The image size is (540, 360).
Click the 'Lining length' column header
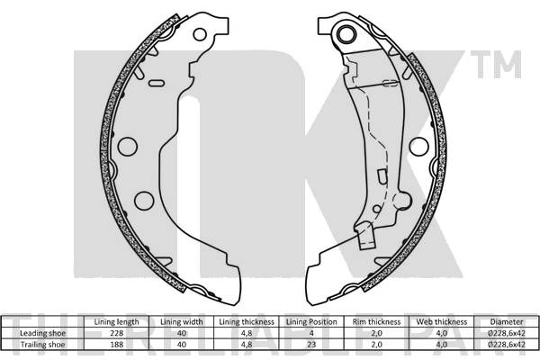point(115,321)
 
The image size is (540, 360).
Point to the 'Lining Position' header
point(310,321)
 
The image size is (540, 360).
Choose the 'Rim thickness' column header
point(375,321)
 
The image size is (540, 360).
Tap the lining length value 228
point(115,332)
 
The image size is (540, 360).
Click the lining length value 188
point(115,343)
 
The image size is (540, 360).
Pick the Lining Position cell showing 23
point(310,343)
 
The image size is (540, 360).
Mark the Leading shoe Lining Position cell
point(310,332)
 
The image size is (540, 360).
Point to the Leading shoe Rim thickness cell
point(375,332)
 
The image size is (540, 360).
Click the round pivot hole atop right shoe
point(342,34)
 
